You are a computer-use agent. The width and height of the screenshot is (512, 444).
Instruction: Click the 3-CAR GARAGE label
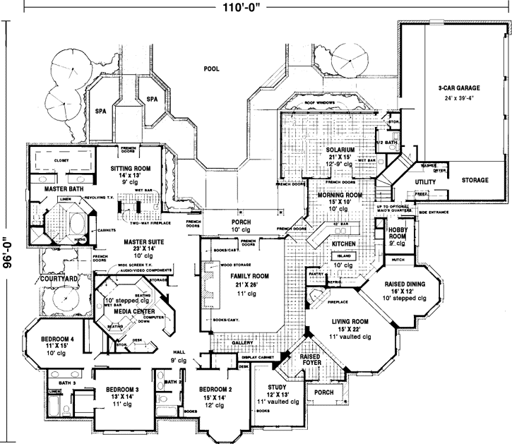pyautogui.click(x=458, y=88)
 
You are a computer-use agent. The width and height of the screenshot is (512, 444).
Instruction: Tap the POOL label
pyautogui.click(x=211, y=69)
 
